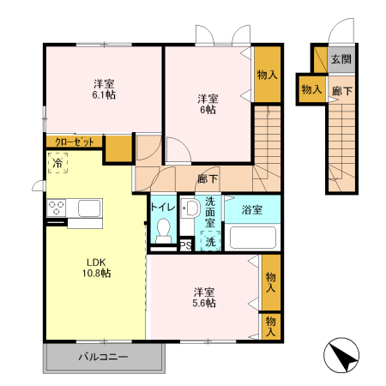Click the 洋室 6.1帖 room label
[x=104, y=89]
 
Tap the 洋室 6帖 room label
[x=208, y=104]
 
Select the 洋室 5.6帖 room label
[x=204, y=298]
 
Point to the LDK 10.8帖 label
[x=97, y=268]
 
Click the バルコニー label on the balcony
[x=103, y=357]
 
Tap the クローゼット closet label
[x=75, y=142]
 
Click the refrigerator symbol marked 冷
[x=57, y=163]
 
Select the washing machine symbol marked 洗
[x=210, y=241]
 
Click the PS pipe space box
[x=186, y=245]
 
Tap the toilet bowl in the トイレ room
[x=164, y=231]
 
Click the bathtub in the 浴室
[x=253, y=238]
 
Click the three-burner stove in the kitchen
[x=57, y=208]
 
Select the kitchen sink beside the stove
[x=89, y=208]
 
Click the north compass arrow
[x=341, y=355]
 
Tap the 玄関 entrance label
[x=341, y=59]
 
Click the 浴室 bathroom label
[x=252, y=209]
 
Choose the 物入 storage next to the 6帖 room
[x=268, y=75]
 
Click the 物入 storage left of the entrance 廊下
[x=311, y=89]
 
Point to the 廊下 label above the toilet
[x=208, y=178]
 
